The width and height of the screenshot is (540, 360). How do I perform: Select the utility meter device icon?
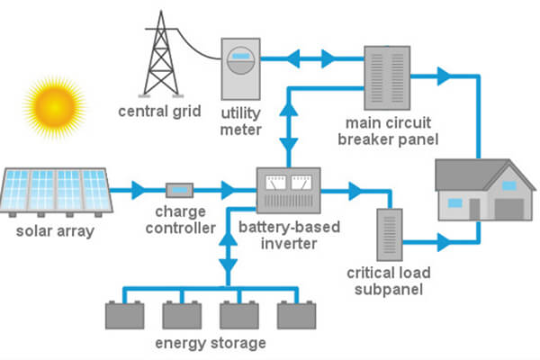coord(239,68)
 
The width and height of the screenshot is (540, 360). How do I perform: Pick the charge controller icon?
coord(180,190)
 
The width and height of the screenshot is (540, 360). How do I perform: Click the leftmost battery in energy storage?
coord(124,315)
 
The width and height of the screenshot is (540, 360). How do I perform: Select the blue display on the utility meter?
coord(239,56)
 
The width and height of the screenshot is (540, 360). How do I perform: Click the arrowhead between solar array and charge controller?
coord(138,190)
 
